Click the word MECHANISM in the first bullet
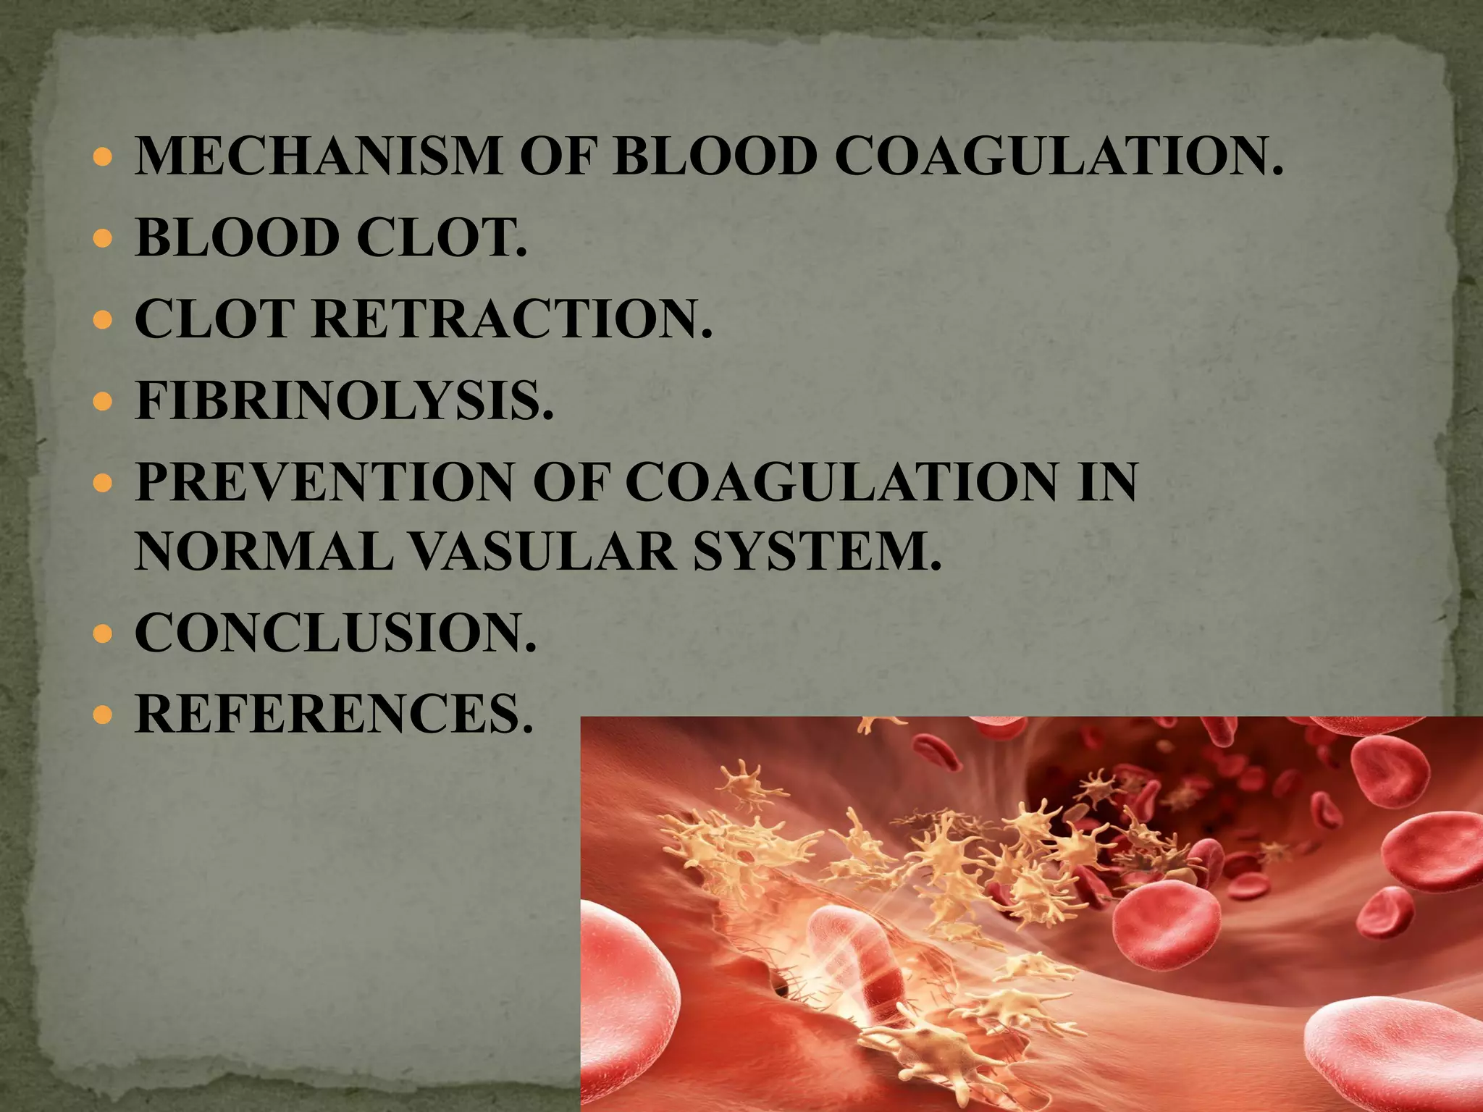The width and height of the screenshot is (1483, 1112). point(319,156)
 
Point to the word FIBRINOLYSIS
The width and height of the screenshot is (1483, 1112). point(345,400)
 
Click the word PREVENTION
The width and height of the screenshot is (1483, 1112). point(323,482)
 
